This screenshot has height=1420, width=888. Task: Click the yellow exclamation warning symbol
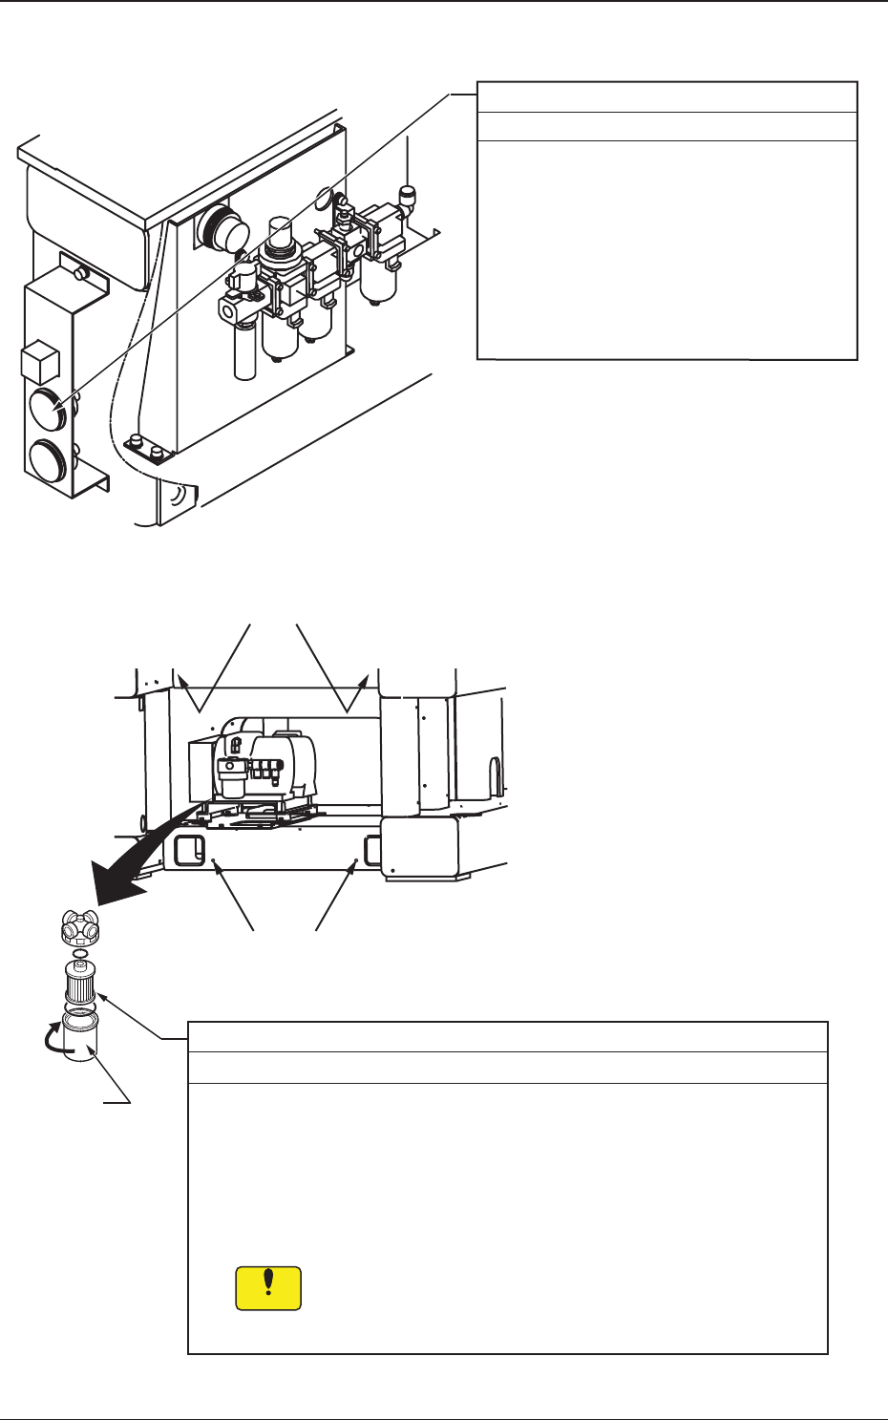268,1287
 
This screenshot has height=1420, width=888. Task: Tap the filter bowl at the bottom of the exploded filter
79,1040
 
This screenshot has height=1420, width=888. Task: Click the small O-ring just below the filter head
81,954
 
